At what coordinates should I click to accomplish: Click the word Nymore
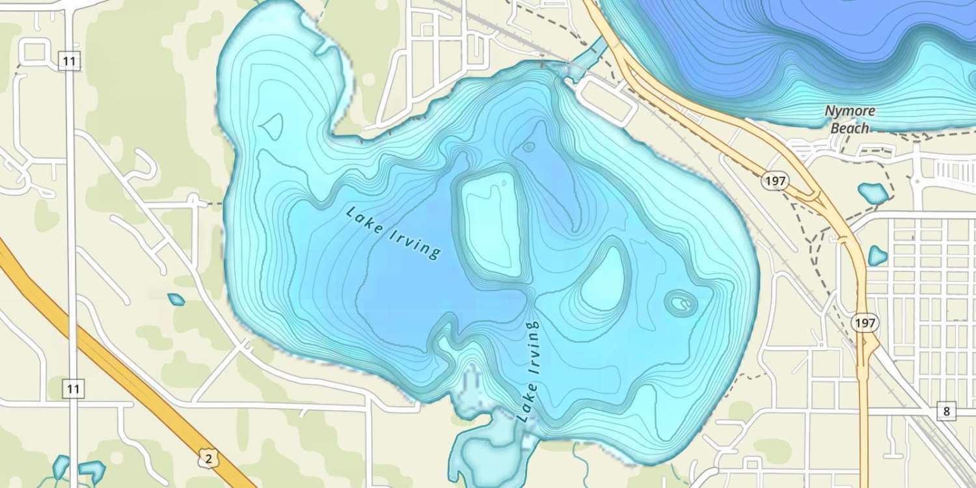(x=850, y=111)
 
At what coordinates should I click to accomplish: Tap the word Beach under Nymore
(x=849, y=128)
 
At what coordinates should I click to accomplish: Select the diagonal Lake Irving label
(x=394, y=233)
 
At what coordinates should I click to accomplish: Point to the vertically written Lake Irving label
(x=529, y=371)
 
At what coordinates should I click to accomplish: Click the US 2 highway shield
(x=208, y=459)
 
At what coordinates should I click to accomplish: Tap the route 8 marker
(x=946, y=411)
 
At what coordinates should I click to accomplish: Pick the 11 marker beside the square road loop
(x=70, y=62)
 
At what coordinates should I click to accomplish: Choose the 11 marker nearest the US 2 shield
(x=73, y=389)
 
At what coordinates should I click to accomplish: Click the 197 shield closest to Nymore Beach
(x=775, y=181)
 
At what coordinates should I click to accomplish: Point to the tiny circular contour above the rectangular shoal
(x=528, y=147)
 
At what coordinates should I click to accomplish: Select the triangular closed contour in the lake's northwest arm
(x=271, y=125)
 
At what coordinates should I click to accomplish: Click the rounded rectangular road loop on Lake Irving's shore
(x=605, y=100)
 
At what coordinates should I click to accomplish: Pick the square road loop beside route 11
(x=34, y=52)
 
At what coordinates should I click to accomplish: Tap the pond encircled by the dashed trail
(x=873, y=193)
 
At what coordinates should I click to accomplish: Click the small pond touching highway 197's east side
(x=878, y=256)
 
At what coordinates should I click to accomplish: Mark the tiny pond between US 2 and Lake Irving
(x=176, y=299)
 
